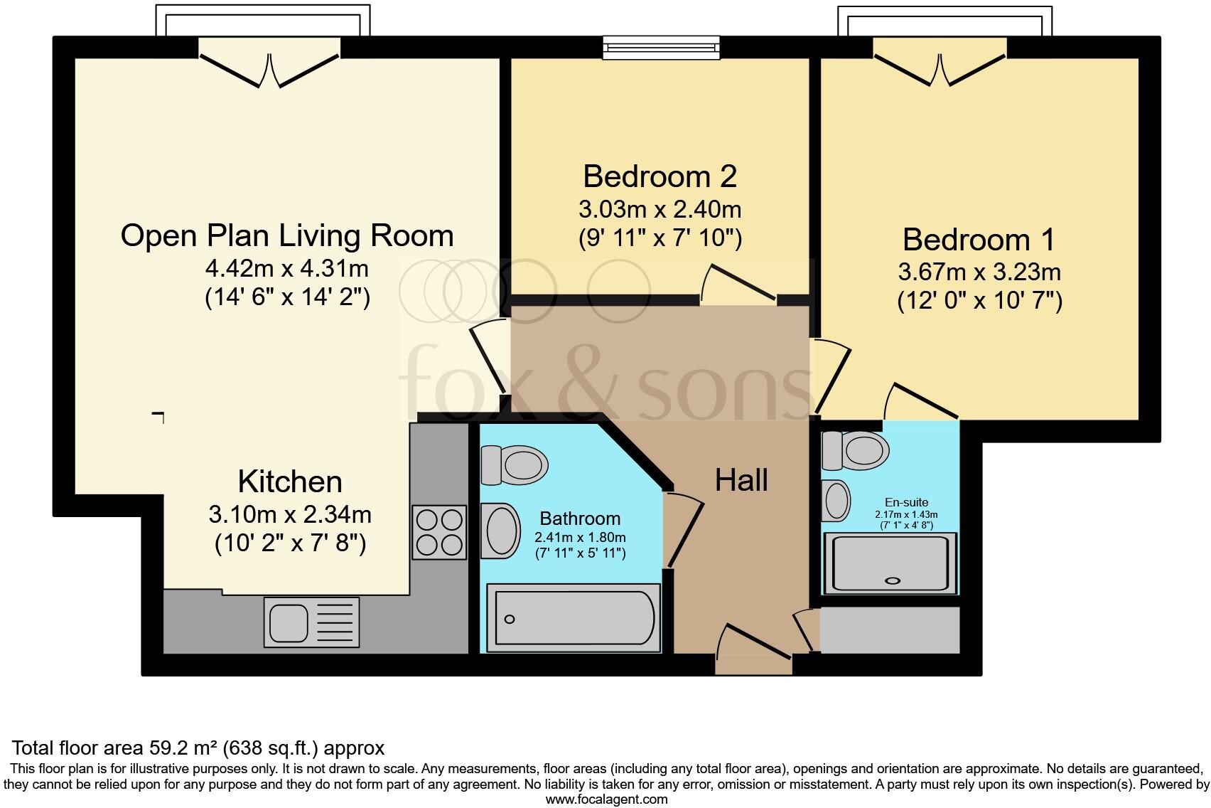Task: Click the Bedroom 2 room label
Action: [x=660, y=176]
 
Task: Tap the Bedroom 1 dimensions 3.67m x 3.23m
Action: [x=979, y=272]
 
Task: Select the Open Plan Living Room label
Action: [x=287, y=235]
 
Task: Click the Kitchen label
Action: [x=290, y=482]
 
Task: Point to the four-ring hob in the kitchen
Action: [x=439, y=532]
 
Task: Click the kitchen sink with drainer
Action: [x=311, y=622]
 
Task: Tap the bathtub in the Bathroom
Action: [x=573, y=618]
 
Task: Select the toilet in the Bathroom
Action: [x=515, y=465]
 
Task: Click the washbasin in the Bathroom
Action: [x=500, y=530]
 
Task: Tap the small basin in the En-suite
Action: [x=836, y=501]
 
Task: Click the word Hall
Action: [x=741, y=480]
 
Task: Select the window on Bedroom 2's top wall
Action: [x=661, y=48]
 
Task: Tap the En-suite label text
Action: [x=906, y=501]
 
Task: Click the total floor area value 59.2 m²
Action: [x=183, y=748]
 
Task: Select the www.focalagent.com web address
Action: [x=606, y=799]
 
